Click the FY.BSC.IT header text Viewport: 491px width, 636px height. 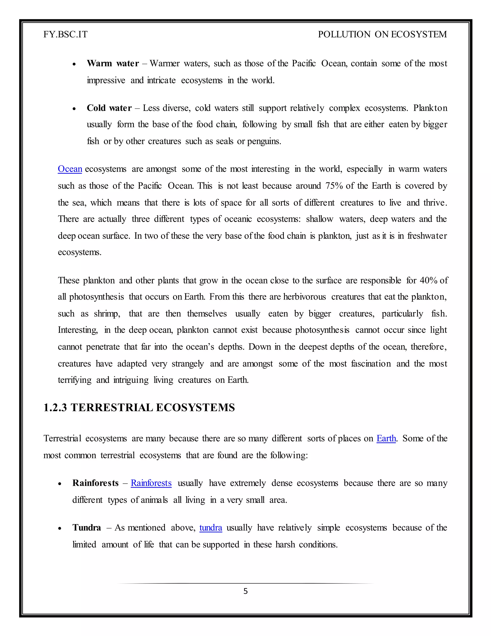tap(65, 34)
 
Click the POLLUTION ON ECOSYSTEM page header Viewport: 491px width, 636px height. tap(382, 34)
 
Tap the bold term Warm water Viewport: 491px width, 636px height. tap(113, 63)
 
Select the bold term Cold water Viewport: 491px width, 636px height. tap(109, 108)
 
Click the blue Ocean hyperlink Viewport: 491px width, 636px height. tap(70, 169)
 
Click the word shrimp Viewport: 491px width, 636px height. tap(107, 314)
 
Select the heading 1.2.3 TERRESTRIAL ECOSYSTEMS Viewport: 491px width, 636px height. tap(139, 408)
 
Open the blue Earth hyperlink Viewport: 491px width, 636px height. tap(386, 438)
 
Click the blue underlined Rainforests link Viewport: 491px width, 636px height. tap(151, 483)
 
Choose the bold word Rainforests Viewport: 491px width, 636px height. tap(95, 483)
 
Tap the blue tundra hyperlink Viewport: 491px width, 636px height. tap(210, 528)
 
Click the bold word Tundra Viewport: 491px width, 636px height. tap(87, 528)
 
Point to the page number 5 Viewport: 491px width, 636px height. tap(245, 591)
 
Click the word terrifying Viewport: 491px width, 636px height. tap(75, 380)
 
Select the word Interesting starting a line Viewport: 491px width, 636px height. tap(78, 330)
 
